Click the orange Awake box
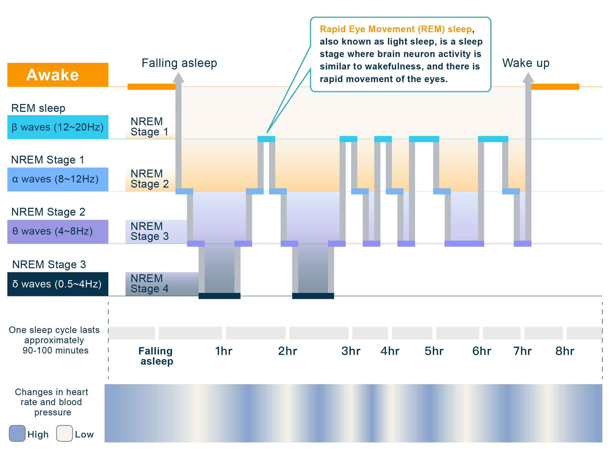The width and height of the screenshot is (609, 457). (x=57, y=75)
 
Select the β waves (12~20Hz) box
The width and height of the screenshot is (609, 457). (x=57, y=127)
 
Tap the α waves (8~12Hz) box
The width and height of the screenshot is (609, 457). (x=57, y=179)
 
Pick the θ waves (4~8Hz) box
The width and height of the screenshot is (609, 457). (x=57, y=231)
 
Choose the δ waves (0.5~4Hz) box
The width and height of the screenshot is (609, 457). (x=57, y=284)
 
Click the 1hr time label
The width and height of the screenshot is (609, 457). (x=224, y=351)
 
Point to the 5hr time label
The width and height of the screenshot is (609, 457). (x=434, y=351)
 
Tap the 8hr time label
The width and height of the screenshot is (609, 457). (x=565, y=351)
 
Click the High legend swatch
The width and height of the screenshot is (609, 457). (x=17, y=433)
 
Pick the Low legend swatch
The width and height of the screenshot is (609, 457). (x=64, y=433)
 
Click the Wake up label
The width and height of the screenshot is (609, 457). (x=526, y=63)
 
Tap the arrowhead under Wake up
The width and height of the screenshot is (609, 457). (x=528, y=78)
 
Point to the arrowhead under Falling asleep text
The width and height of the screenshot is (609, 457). (x=178, y=78)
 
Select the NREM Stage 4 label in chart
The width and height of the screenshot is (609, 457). (x=150, y=284)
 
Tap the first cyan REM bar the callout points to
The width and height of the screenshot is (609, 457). (x=266, y=139)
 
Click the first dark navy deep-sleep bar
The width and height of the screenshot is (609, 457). (x=219, y=296)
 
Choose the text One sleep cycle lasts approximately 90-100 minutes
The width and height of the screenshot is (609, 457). (x=55, y=340)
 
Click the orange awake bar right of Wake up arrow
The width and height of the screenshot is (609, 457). (x=555, y=87)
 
